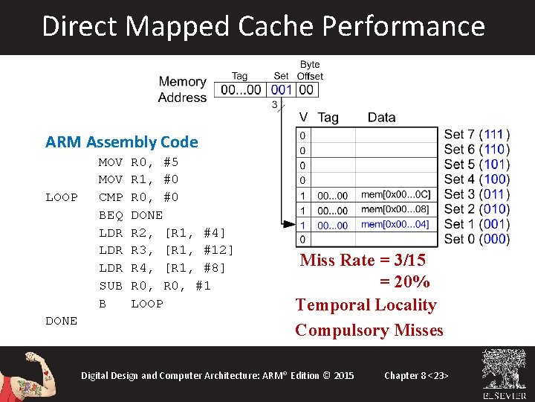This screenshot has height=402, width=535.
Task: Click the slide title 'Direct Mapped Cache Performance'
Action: [x=264, y=26]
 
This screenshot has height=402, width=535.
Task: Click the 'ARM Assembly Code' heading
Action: [x=121, y=141]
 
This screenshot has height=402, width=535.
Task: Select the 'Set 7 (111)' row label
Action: [x=476, y=135]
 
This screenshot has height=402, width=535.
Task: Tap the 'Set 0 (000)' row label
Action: [x=476, y=239]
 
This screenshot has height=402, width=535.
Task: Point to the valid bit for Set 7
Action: [x=302, y=135]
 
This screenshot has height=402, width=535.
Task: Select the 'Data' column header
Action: [x=381, y=117]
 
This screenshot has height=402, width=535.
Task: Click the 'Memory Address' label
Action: [x=182, y=89]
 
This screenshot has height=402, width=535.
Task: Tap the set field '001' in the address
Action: [x=282, y=89]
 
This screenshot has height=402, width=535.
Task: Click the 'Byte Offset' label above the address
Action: [x=310, y=71]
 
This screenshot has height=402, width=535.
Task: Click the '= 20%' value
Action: [x=405, y=282]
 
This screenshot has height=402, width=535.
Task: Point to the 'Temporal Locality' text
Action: [x=366, y=304]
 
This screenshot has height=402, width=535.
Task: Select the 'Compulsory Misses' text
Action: [x=369, y=330]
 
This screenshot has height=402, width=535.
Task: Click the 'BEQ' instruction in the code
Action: [x=111, y=214]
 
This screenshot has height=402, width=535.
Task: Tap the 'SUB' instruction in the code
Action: [x=111, y=286]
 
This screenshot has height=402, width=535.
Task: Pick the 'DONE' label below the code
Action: [x=61, y=321]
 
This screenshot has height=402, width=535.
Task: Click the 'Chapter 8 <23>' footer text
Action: [x=416, y=375]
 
